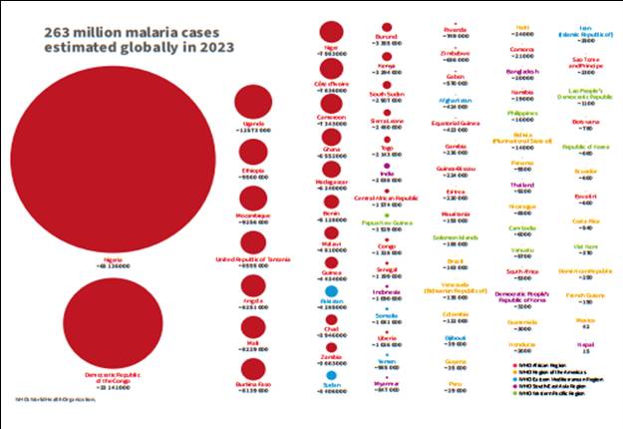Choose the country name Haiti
coord(522,27)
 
